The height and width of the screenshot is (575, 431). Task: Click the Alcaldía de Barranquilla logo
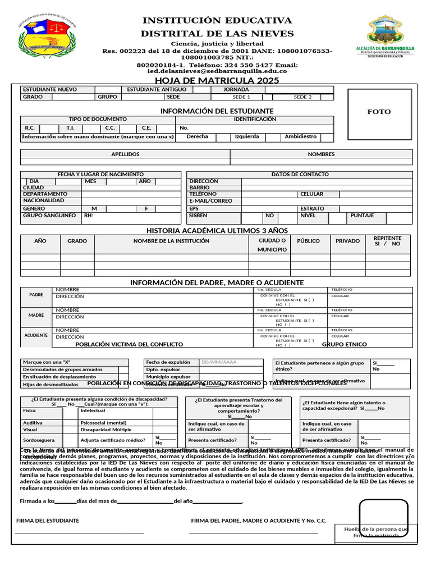tap(385, 37)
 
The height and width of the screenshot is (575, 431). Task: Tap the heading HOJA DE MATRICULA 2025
tap(217, 81)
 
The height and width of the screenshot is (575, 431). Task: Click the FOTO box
tap(379, 112)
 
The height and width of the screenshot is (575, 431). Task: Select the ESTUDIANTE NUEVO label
tap(50, 89)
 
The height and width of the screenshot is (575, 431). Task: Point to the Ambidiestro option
tap(301, 136)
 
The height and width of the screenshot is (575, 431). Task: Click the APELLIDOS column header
tap(125, 154)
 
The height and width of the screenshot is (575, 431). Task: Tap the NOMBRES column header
tap(321, 154)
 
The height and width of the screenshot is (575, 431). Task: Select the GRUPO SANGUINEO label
tap(49, 215)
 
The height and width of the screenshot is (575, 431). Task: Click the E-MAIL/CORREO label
tap(211, 200)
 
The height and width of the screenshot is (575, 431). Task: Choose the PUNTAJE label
tap(362, 215)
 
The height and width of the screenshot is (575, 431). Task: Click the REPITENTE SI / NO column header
tap(387, 241)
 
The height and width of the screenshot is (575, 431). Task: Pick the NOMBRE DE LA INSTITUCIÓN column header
tap(171, 241)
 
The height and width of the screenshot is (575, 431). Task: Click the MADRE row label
tap(36, 315)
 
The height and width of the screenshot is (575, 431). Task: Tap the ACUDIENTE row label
tap(36, 335)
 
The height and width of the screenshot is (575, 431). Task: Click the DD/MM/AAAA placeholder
tap(219, 362)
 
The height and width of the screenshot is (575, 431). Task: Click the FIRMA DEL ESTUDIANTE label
tap(48, 521)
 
